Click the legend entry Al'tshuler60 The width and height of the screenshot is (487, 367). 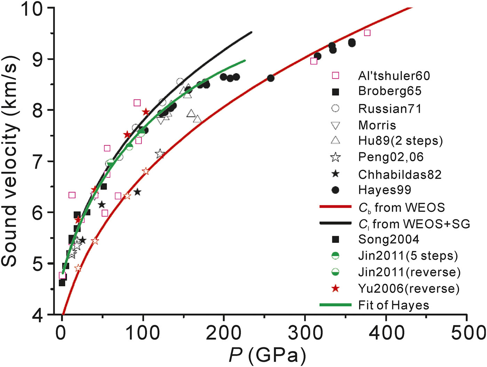click(394, 75)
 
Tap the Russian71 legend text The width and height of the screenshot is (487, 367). click(390, 108)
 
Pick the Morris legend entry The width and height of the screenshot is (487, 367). click(377, 125)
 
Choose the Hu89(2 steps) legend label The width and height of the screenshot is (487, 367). click(400, 140)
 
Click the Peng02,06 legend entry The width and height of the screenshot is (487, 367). click(391, 157)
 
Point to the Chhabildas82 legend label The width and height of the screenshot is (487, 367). click(400, 174)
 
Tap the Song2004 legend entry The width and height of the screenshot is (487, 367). click(389, 239)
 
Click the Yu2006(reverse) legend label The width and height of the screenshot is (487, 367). click(409, 288)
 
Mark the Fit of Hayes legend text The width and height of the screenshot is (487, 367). click(393, 305)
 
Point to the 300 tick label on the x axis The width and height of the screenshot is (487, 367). click(305, 333)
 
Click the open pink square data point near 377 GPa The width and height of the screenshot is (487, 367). click(367, 33)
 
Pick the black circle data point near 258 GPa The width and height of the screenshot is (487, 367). click(271, 78)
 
